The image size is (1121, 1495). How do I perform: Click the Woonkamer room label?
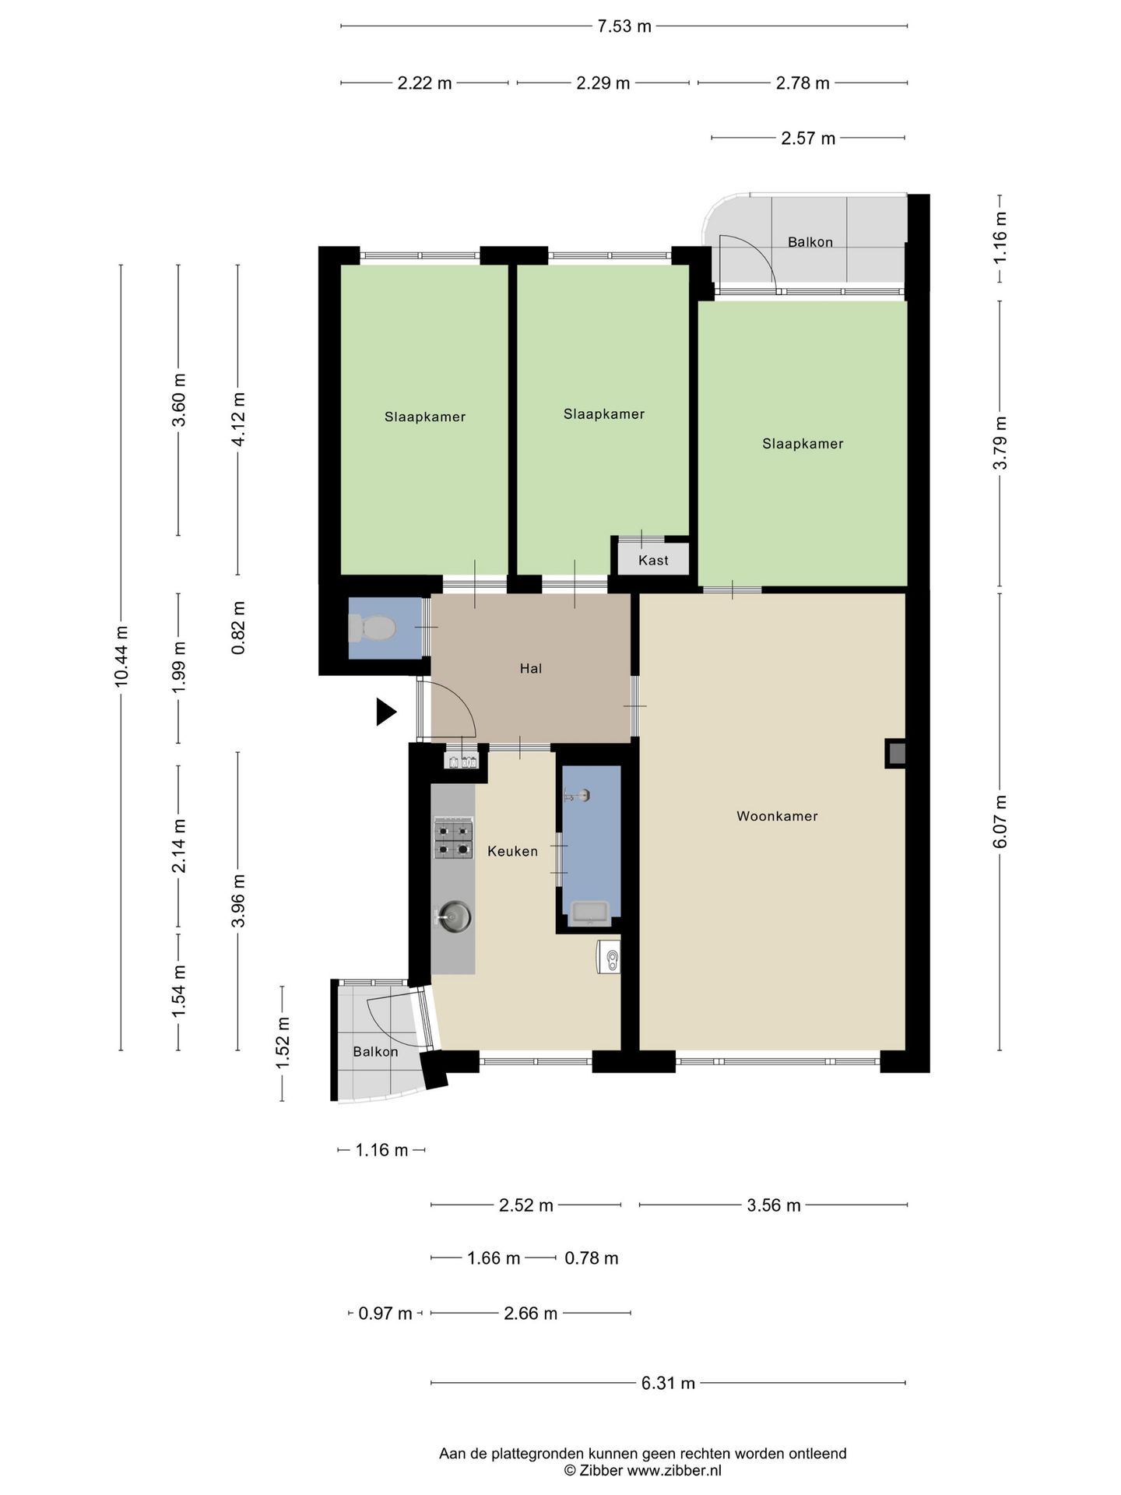pyautogui.click(x=777, y=816)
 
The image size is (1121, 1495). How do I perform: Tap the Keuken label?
pyautogui.click(x=512, y=851)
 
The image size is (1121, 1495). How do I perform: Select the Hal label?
pyautogui.click(x=531, y=668)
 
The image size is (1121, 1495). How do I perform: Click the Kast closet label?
pyautogui.click(x=653, y=560)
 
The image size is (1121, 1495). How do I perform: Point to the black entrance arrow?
pyautogui.click(x=386, y=712)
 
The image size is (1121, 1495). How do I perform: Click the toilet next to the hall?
pyautogui.click(x=372, y=628)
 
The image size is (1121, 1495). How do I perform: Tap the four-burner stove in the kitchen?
pyautogui.click(x=453, y=838)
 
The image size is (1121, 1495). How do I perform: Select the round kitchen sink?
pyautogui.click(x=454, y=916)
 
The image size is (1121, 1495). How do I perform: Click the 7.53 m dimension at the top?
pyautogui.click(x=624, y=26)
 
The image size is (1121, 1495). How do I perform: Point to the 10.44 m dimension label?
pyautogui.click(x=121, y=657)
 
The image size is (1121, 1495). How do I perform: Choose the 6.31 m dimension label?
pyautogui.click(x=668, y=1383)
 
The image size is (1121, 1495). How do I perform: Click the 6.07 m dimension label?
pyautogui.click(x=1000, y=821)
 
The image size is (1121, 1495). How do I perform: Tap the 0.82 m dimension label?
pyautogui.click(x=239, y=628)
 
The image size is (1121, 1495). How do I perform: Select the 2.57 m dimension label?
pyautogui.click(x=808, y=138)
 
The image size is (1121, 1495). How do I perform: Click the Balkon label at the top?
pyautogui.click(x=810, y=242)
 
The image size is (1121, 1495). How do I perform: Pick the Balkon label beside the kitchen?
pyautogui.click(x=375, y=1052)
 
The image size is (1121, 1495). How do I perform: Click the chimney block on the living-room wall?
pyautogui.click(x=896, y=753)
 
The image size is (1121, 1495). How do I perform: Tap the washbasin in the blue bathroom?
pyautogui.click(x=591, y=912)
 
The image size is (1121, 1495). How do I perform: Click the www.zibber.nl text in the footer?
pyautogui.click(x=674, y=1471)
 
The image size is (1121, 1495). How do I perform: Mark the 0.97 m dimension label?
pyautogui.click(x=385, y=1314)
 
